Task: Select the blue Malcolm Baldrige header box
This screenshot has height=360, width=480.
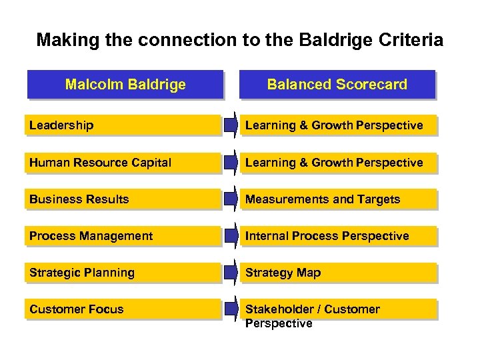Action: [125, 85]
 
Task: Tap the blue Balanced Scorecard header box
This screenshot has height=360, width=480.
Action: [337, 85]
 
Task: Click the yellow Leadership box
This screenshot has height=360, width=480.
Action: [124, 125]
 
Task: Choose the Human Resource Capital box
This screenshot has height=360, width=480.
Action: [124, 163]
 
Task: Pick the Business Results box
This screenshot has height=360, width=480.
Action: [124, 199]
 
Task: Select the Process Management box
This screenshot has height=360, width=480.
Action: [124, 236]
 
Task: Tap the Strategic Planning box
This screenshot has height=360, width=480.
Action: [124, 273]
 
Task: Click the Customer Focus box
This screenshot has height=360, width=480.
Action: [124, 309]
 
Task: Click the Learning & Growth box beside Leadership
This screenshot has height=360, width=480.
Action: [339, 125]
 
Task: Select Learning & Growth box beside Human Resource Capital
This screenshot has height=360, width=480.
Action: [339, 163]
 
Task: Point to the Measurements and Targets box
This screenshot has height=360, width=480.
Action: [339, 199]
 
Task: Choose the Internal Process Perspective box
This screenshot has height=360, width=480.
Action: [339, 236]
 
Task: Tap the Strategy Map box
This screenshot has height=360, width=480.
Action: [339, 273]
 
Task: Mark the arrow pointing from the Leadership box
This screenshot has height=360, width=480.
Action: [231, 125]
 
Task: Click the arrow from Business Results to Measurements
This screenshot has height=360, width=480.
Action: [231, 199]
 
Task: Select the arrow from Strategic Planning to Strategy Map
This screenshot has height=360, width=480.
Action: [231, 273]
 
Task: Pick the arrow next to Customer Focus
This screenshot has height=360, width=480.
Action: [231, 309]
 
